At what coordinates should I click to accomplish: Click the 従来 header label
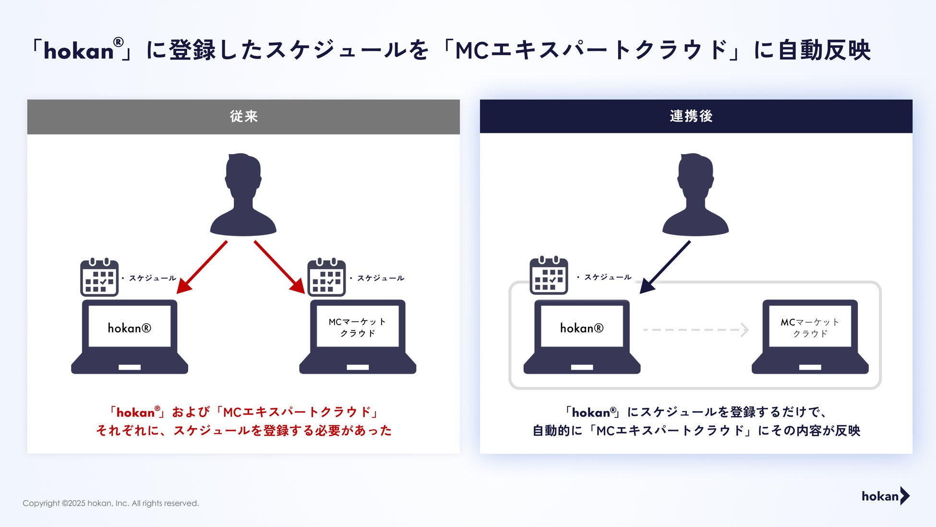[243, 116]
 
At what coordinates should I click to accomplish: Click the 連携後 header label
[691, 116]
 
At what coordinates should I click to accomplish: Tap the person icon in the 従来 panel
[243, 195]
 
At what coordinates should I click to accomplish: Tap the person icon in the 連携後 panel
[696, 195]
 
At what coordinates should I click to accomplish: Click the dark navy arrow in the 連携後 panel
[665, 267]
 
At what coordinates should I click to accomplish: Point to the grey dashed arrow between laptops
[696, 330]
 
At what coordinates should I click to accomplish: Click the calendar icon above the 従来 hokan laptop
[99, 277]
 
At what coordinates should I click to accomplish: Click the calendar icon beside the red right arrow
[326, 277]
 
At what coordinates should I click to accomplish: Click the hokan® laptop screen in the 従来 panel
[130, 328]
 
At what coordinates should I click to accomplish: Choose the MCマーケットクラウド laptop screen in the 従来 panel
[358, 327]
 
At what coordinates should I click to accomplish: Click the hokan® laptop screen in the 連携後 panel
[582, 328]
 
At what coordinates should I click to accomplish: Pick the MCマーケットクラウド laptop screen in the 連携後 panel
[810, 327]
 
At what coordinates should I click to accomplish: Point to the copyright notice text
[110, 503]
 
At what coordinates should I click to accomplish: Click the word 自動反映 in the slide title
[824, 50]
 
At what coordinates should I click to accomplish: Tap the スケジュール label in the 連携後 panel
[608, 277]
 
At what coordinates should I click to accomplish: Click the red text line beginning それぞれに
[244, 430]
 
